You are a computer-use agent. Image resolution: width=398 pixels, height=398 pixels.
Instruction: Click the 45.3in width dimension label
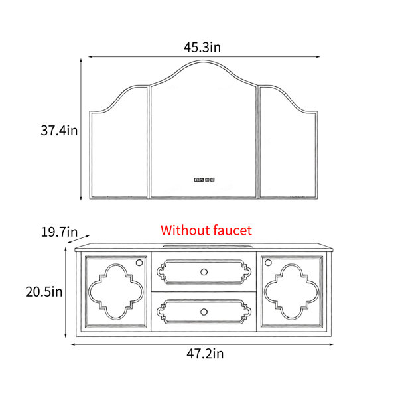pyautogui.click(x=202, y=48)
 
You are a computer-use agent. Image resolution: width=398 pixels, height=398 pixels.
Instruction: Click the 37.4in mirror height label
pyautogui.click(x=59, y=131)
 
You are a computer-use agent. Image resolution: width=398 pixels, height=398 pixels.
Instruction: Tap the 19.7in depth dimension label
pyautogui.click(x=59, y=232)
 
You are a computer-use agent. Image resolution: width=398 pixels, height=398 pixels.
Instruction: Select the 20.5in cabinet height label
pyautogui.click(x=44, y=292)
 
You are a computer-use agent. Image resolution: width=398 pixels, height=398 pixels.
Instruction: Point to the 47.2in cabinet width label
pyautogui.click(x=205, y=354)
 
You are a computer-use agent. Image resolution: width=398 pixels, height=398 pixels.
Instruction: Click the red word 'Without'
pyautogui.click(x=186, y=230)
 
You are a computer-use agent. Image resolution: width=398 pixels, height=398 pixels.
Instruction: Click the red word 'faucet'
pyautogui.click(x=233, y=230)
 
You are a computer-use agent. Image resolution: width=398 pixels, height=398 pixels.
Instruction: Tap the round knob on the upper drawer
pyautogui.click(x=204, y=272)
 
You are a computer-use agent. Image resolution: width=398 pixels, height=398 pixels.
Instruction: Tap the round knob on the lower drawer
pyautogui.click(x=204, y=312)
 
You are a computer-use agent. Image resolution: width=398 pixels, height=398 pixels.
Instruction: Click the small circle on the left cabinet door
pyautogui.click(x=139, y=263)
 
